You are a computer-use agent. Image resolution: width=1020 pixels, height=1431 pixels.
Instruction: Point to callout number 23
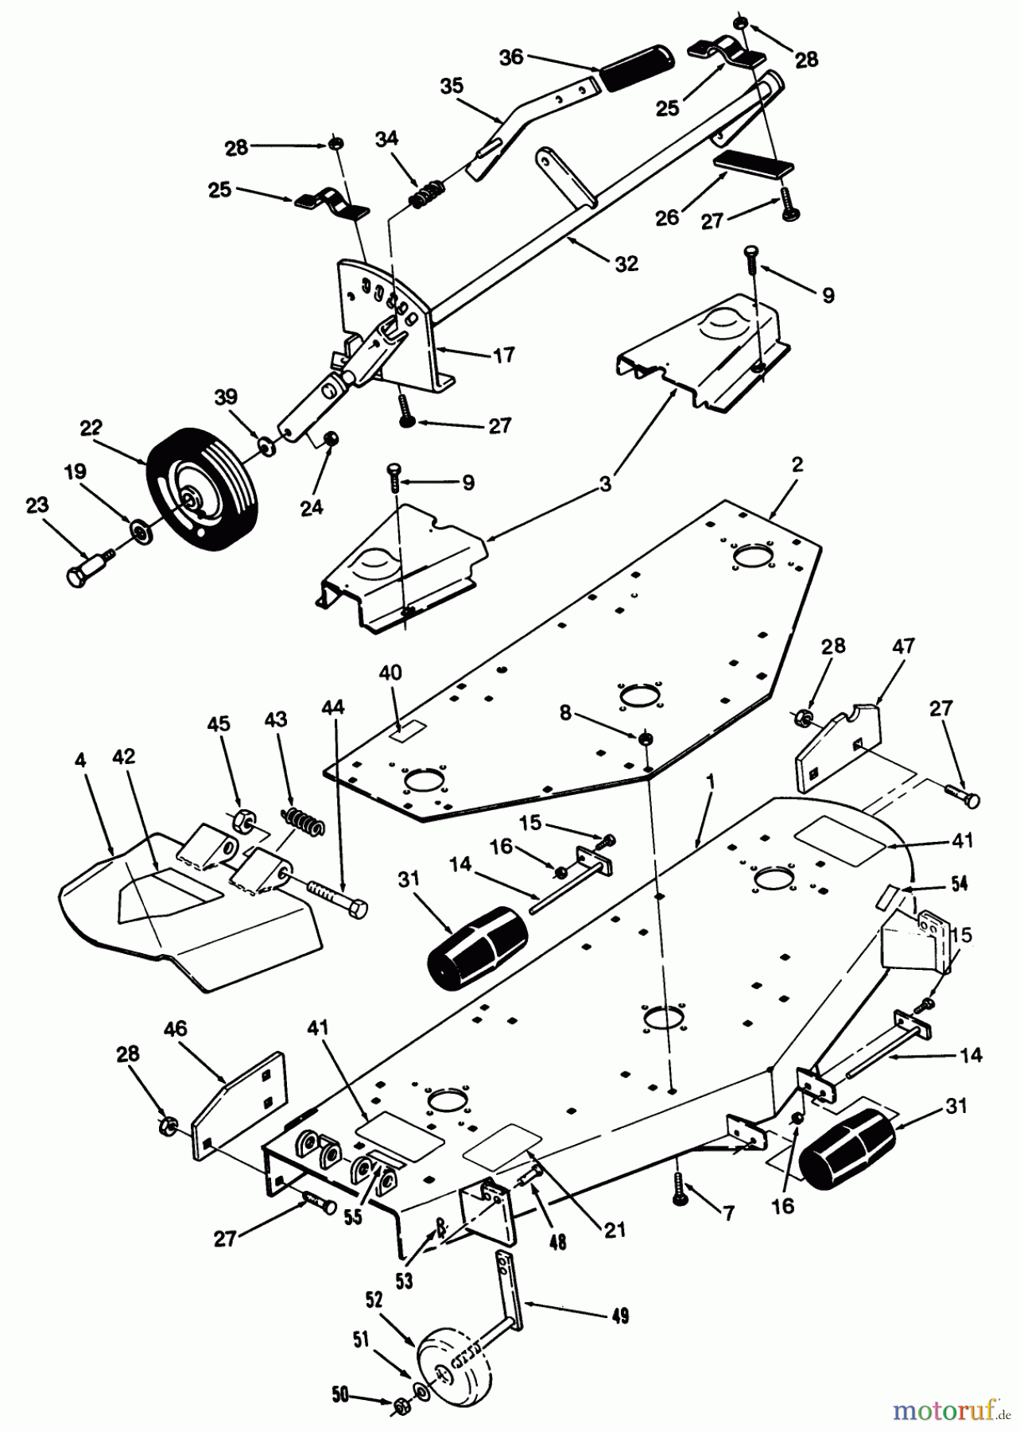tap(37, 505)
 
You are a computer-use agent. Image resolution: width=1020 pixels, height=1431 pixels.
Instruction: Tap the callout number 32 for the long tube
tap(626, 264)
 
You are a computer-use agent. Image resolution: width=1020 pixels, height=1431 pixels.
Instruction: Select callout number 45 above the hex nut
tap(219, 723)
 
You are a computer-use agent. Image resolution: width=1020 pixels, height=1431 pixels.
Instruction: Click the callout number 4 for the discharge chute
tap(80, 758)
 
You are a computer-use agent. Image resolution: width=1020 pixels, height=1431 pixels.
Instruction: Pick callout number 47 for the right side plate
tap(904, 646)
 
